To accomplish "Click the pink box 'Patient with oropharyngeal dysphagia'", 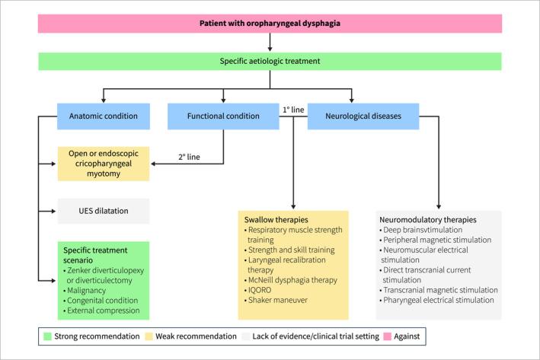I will point(270,24).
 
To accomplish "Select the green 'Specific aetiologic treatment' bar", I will point(270,62).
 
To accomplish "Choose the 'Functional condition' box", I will point(222,116).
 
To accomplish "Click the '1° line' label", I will point(293,110).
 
